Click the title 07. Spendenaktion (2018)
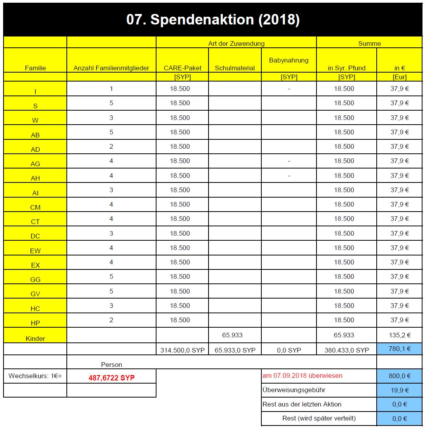coord(213,20)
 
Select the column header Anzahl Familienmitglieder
coord(111,68)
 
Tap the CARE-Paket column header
coord(183,68)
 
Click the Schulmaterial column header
coord(235,68)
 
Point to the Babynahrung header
coord(289,60)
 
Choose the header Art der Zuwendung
coord(236,43)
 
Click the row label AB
coord(35,135)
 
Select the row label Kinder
coord(35,338)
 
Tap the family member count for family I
coord(111,89)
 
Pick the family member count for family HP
coord(111,320)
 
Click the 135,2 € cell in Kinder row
coord(400,335)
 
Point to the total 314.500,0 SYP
coord(183,350)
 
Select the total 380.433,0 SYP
coord(346,350)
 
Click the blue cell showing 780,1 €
coord(400,349)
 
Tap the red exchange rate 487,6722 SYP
coord(111,377)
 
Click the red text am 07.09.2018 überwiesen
coord(303,375)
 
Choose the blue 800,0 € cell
coord(400,375)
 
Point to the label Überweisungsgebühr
coord(294,390)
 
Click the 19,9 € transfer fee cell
coord(400,390)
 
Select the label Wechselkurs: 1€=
coord(35,375)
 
